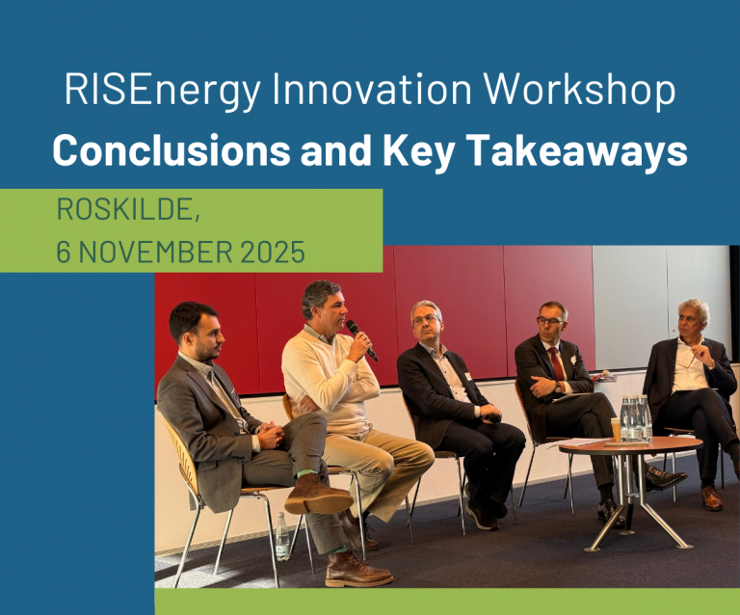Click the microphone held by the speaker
(x=361, y=338)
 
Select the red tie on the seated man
(x=557, y=365)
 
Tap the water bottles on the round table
(x=635, y=417)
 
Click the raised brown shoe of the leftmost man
(x=316, y=497)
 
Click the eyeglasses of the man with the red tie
(x=549, y=321)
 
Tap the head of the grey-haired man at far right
(x=691, y=315)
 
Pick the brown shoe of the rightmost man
(x=710, y=497)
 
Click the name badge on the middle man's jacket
(x=466, y=377)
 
